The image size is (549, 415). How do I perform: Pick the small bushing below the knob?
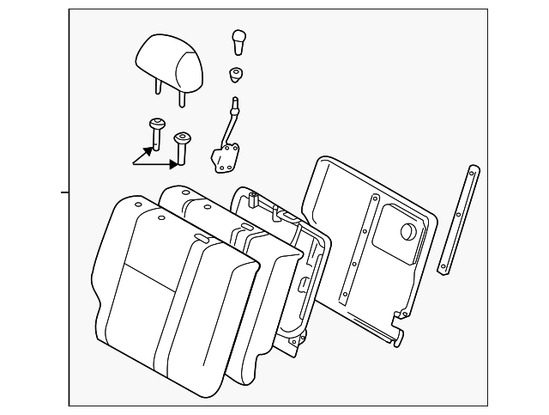click(x=235, y=75)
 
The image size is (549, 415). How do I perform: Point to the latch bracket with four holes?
click(x=226, y=159)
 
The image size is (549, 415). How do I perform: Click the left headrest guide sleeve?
click(x=157, y=132)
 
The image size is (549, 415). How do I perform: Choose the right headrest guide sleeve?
click(x=182, y=146)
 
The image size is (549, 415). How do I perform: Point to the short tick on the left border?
click(x=64, y=192)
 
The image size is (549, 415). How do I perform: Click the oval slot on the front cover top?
click(x=202, y=238)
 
